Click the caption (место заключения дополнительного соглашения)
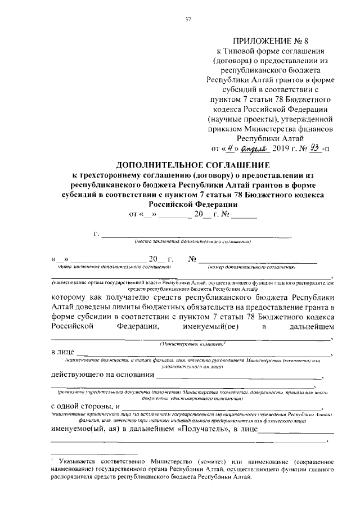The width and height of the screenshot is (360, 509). coord(192,241)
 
